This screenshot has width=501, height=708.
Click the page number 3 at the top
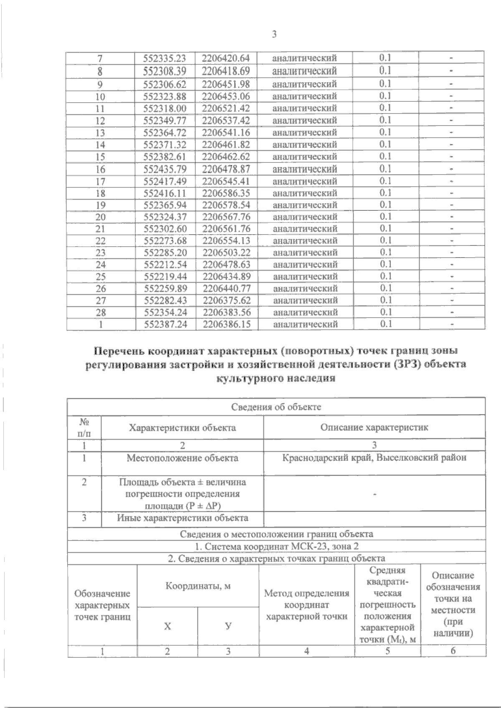(274, 35)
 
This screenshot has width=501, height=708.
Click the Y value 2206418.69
(226, 70)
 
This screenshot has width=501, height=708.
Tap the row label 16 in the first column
(100, 169)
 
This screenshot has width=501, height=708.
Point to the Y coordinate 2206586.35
(226, 193)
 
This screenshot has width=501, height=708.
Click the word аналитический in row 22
(305, 241)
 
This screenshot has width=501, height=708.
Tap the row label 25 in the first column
(100, 277)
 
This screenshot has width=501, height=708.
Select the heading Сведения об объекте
(276, 407)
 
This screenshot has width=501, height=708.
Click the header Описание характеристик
(374, 427)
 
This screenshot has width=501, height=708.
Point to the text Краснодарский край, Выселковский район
(374, 458)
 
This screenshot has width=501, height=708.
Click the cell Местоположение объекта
(182, 458)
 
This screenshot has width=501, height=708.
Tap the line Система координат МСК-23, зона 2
(276, 546)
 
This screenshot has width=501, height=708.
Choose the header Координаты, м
(198, 586)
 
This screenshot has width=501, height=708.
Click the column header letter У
(228, 626)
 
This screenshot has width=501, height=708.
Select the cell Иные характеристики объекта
(182, 518)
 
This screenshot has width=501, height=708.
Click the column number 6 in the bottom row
(453, 651)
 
